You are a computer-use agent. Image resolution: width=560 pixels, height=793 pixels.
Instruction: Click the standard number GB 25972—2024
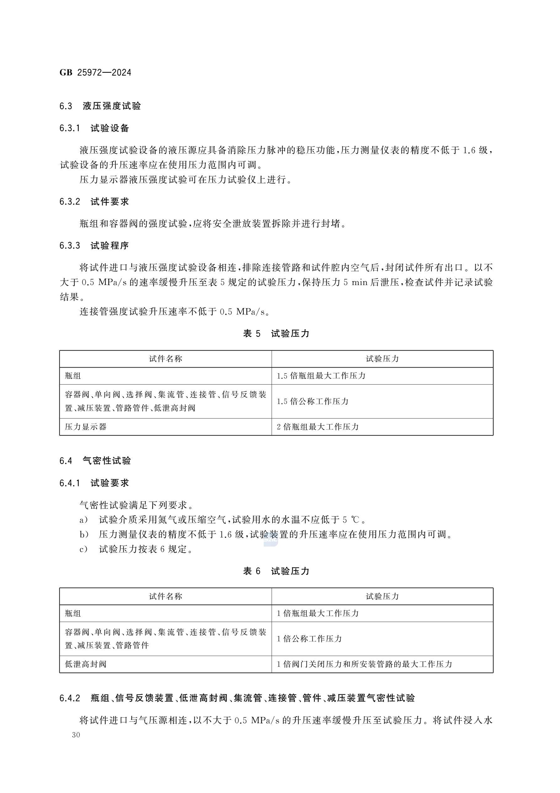pyautogui.click(x=95, y=73)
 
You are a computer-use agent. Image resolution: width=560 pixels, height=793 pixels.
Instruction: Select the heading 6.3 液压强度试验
pyautogui.click(x=100, y=106)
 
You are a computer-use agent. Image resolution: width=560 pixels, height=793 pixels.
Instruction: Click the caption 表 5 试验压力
pyautogui.click(x=276, y=333)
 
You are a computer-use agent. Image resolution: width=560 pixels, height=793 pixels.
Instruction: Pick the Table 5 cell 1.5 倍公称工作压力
pyautogui.click(x=313, y=401)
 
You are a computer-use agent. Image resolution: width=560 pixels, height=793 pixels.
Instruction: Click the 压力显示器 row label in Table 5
pyautogui.click(x=86, y=427)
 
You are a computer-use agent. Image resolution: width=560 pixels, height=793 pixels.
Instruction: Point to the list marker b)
pyautogui.click(x=84, y=535)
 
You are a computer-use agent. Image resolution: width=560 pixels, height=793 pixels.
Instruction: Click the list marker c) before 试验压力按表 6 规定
pyautogui.click(x=84, y=549)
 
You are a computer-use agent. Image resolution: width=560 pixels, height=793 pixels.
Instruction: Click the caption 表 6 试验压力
pyautogui.click(x=276, y=571)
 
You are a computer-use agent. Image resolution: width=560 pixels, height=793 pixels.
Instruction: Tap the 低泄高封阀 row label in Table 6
pyautogui.click(x=86, y=664)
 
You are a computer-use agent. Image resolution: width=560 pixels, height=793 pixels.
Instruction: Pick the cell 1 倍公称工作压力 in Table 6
pyautogui.click(x=309, y=639)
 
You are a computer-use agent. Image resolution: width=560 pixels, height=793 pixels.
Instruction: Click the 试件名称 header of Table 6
pyautogui.click(x=165, y=596)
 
